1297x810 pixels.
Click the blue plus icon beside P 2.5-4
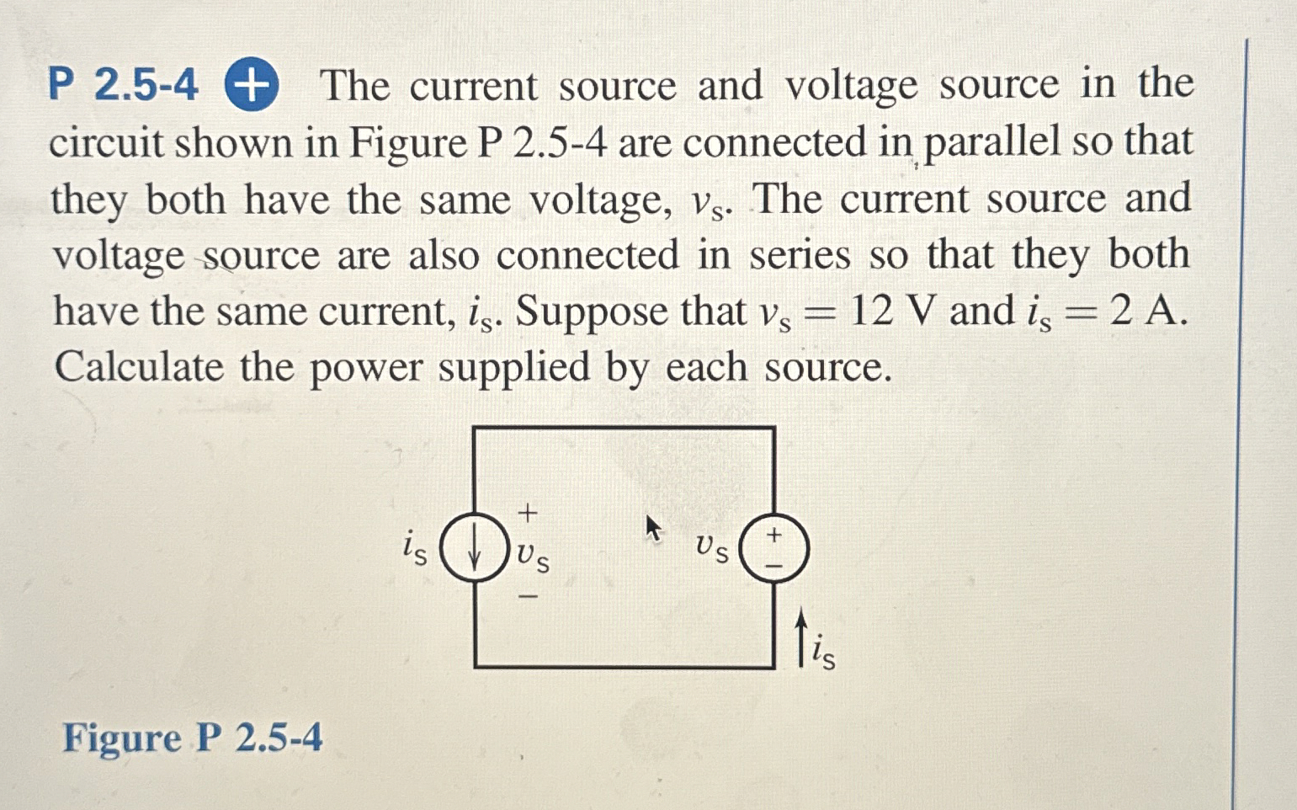pos(252,87)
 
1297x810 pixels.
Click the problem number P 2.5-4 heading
pos(123,86)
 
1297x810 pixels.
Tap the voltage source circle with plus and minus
pos(774,547)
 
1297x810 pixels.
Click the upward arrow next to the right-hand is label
pos(801,637)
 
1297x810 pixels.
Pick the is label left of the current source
pos(415,547)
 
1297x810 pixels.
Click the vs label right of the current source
pos(533,556)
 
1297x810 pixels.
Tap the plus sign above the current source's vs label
pos(527,511)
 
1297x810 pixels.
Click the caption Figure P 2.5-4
pos(193,739)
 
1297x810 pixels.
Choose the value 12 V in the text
pos(892,312)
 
